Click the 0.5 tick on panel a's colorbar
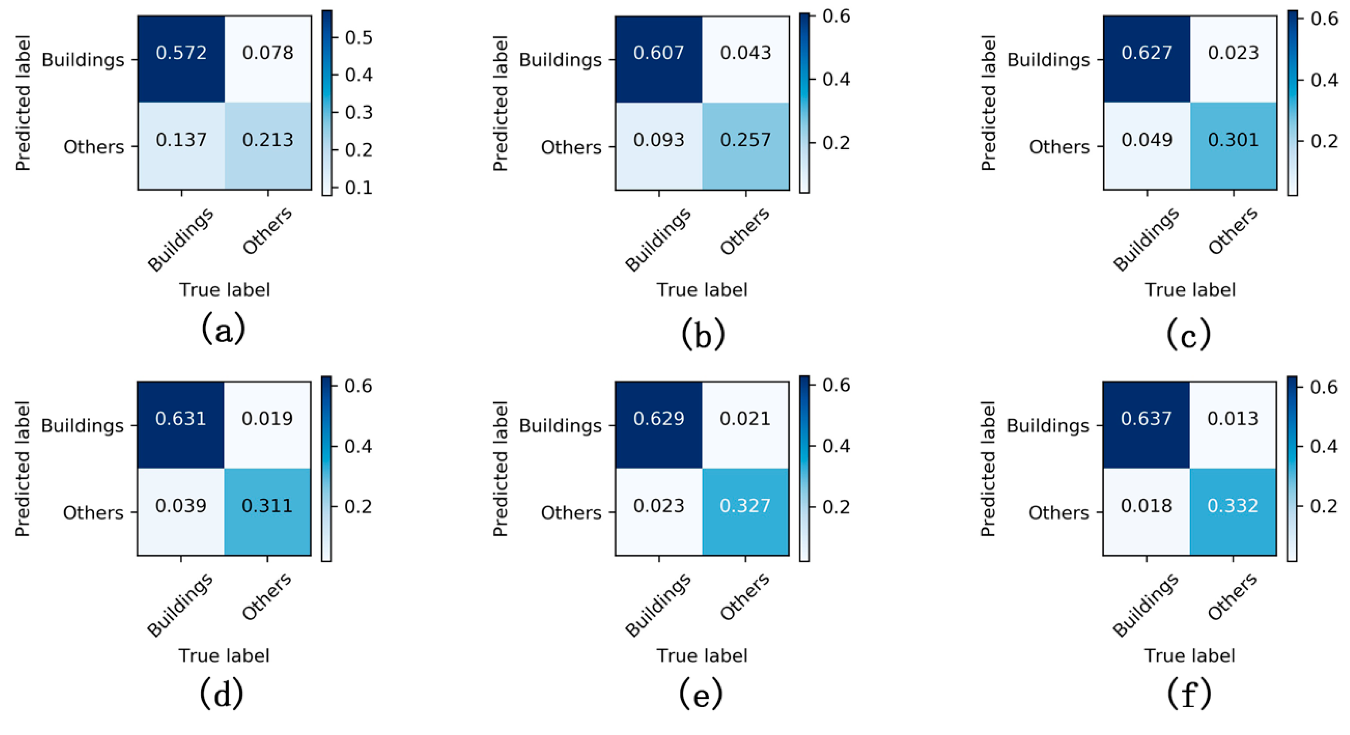[x=358, y=38]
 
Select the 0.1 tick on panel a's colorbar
[x=358, y=187]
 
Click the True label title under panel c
[x=1190, y=290]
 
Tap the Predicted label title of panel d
[x=22, y=469]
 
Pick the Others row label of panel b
[x=571, y=147]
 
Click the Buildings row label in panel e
[x=560, y=426]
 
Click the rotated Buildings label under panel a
[x=180, y=239]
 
